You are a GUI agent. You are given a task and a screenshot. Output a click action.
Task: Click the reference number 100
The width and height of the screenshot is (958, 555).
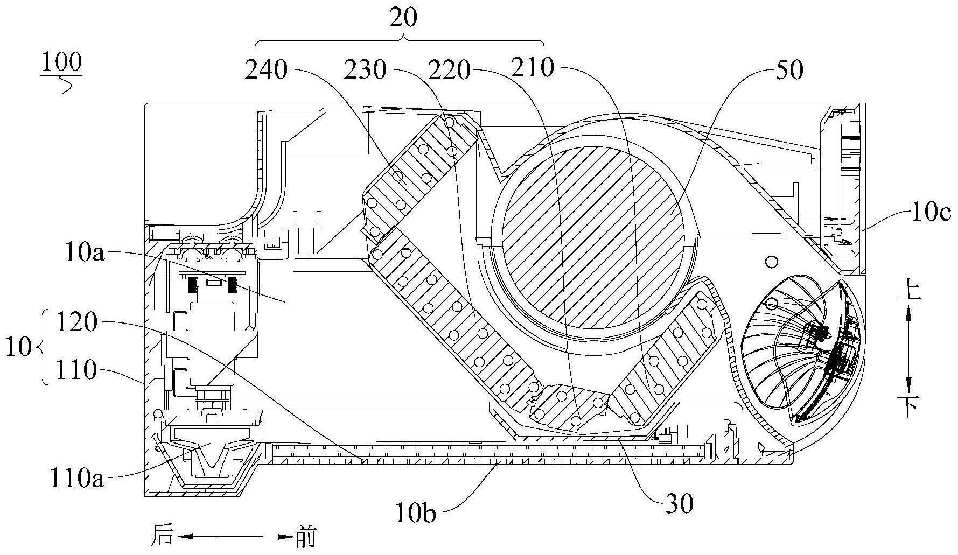tap(61, 62)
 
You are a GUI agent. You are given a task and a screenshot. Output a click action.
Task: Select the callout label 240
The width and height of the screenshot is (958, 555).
tap(265, 70)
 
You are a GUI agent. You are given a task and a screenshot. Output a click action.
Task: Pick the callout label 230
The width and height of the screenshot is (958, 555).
tap(366, 70)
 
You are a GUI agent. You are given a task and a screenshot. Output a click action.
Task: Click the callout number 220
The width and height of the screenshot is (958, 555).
tap(449, 69)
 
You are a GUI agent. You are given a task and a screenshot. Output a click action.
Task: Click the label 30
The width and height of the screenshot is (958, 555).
tap(680, 504)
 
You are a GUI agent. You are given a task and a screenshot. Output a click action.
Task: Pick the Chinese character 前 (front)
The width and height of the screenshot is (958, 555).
tap(305, 537)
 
